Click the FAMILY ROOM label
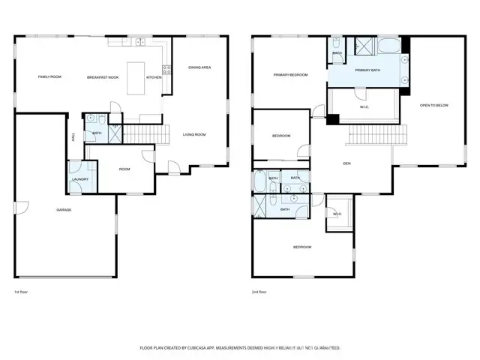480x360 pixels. [x=49, y=77]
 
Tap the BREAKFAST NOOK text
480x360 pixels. [x=104, y=77]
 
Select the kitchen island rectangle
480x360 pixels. [x=136, y=77]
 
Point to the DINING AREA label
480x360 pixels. [x=199, y=67]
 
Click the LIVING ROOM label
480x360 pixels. [x=194, y=135]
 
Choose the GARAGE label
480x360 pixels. [x=64, y=209]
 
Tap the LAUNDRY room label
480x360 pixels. [x=80, y=179]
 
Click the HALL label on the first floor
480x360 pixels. [x=73, y=136]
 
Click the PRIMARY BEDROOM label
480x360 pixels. [x=290, y=75]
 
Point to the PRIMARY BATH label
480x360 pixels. [x=368, y=70]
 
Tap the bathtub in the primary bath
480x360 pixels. [x=388, y=46]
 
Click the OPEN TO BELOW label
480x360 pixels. [x=433, y=105]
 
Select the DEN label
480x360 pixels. [x=347, y=163]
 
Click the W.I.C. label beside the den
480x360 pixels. [x=337, y=214]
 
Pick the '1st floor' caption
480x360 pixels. [x=22, y=292]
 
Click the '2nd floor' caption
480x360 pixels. [x=259, y=292]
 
